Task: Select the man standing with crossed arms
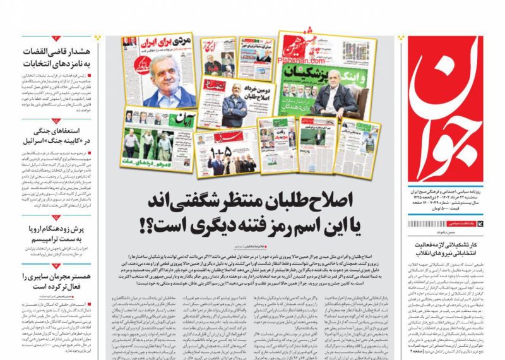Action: [234, 107]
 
